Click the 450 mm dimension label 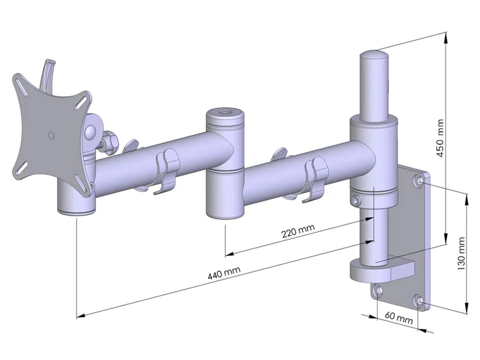(440, 138)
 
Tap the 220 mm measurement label (298, 231)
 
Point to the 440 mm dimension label (224, 274)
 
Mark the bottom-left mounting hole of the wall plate (377, 289)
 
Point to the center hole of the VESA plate (50, 135)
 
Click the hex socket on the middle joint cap (224, 113)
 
